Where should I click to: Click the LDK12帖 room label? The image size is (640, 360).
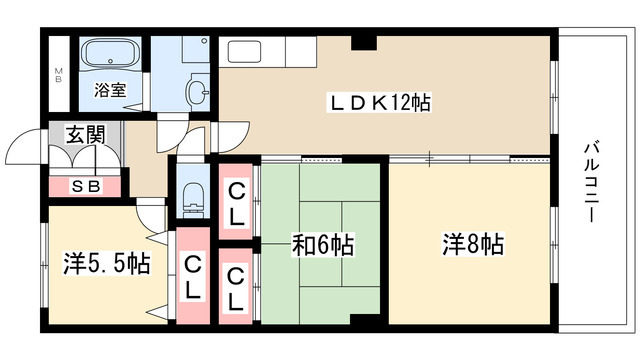[x=381, y=101]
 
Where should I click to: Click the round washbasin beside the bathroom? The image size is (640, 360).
[x=200, y=92]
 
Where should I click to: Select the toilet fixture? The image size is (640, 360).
[x=194, y=196]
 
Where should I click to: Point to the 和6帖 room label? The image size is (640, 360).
[x=322, y=245]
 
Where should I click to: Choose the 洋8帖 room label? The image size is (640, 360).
[x=473, y=243]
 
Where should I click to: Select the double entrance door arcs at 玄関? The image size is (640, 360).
[x=28, y=155]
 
